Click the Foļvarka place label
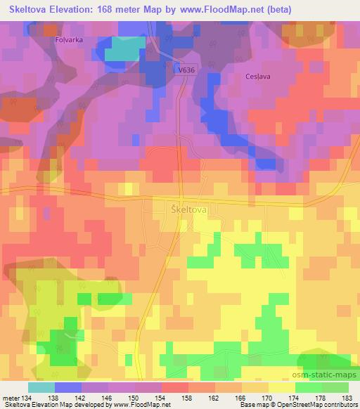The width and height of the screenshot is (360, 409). (70, 41)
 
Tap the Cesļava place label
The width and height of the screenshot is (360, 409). (257, 77)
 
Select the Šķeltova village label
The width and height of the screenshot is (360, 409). (188, 209)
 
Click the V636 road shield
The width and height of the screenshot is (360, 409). (185, 69)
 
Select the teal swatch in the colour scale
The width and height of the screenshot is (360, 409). (41, 387)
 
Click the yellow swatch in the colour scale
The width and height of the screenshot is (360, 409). (281, 387)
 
